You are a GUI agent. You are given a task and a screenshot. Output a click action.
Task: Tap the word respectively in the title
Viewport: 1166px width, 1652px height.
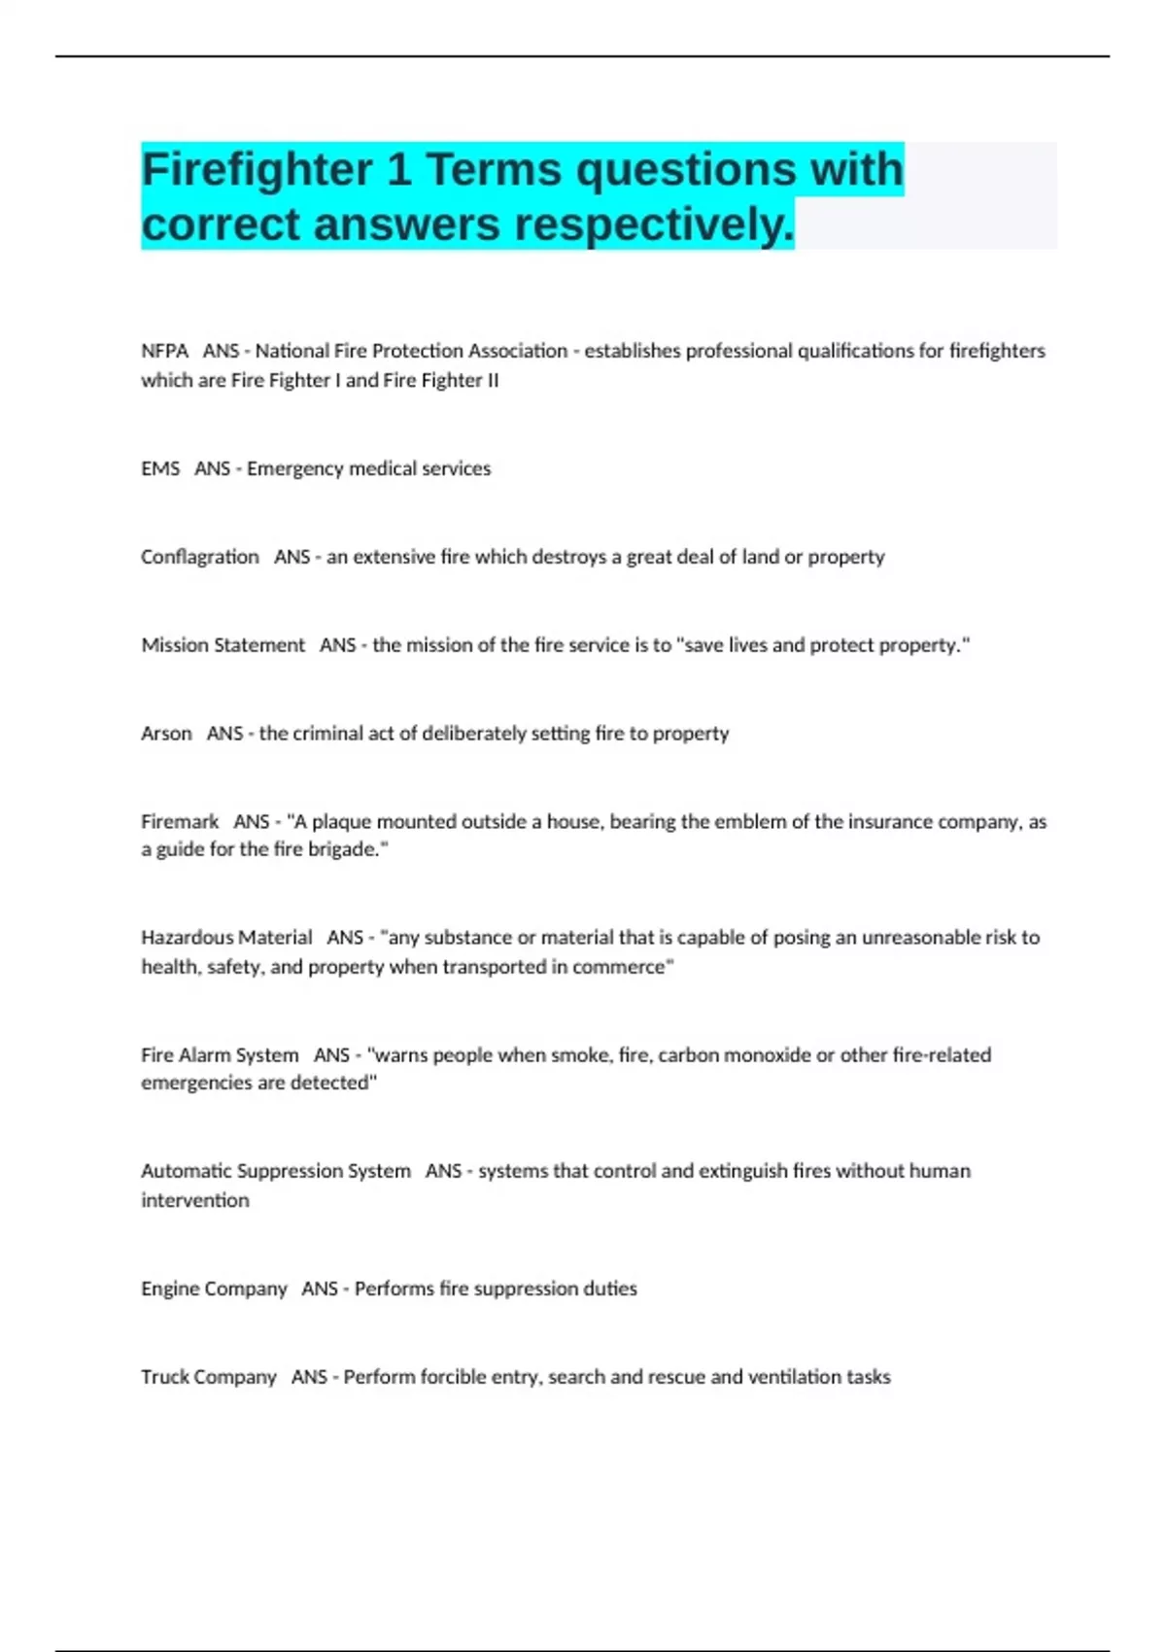(x=653, y=224)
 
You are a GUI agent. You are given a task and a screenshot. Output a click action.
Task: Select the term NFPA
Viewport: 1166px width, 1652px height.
(x=164, y=351)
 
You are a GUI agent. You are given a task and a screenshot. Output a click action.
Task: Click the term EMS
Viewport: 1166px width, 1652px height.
(x=160, y=468)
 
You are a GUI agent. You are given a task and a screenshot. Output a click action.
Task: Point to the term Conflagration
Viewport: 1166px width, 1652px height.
(x=200, y=557)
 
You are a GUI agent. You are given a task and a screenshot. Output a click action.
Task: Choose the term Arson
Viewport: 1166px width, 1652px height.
(x=166, y=733)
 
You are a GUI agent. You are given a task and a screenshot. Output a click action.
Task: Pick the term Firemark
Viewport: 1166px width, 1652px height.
(x=180, y=821)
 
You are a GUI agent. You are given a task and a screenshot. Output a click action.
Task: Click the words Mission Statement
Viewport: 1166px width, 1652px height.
(x=223, y=645)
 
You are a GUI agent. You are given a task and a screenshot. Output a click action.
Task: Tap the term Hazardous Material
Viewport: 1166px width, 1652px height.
(x=226, y=938)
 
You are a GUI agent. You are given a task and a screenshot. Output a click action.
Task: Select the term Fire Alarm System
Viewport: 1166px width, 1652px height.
(x=220, y=1054)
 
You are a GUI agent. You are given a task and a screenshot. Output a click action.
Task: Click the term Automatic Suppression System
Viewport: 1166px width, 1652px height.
(x=275, y=1171)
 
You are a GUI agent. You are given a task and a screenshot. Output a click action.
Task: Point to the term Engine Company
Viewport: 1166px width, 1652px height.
(x=214, y=1289)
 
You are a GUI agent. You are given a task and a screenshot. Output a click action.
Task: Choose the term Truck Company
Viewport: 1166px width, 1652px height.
(x=208, y=1377)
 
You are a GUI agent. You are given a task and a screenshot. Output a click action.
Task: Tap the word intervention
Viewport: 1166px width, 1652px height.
(x=195, y=1200)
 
